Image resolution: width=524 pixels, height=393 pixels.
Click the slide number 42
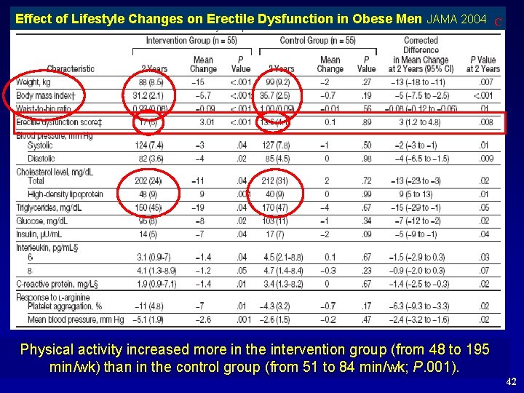pos(512,381)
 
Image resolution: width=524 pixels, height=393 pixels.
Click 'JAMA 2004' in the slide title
pos(457,19)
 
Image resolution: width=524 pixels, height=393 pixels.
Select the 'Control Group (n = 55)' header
pos(317,41)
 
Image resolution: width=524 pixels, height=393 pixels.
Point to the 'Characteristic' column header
pos(71,69)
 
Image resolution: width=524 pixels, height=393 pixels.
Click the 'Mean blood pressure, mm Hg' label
pos(76,319)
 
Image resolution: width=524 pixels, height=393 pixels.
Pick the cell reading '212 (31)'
pos(274,181)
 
